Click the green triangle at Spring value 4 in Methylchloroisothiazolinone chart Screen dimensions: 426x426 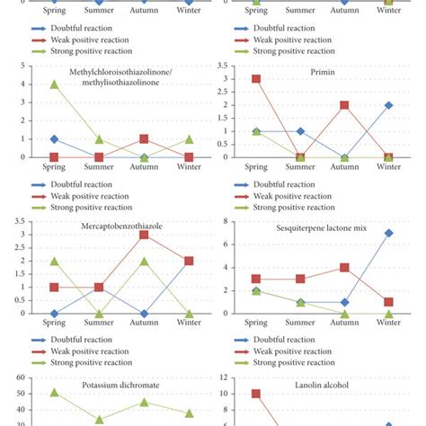[55, 84]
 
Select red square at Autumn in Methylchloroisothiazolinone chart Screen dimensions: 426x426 [143, 139]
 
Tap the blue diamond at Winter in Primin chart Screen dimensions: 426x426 [388, 105]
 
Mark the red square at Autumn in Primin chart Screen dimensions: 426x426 [344, 105]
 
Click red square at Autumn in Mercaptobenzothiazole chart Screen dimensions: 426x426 [143, 235]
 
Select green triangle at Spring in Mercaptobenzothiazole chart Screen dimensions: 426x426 [55, 261]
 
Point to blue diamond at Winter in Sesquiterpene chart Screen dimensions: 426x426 [388, 234]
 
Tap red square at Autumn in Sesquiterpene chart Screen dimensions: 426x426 [344, 268]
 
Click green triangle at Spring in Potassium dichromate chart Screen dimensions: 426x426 [55, 392]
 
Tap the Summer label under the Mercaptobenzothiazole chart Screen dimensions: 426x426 [99, 326]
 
